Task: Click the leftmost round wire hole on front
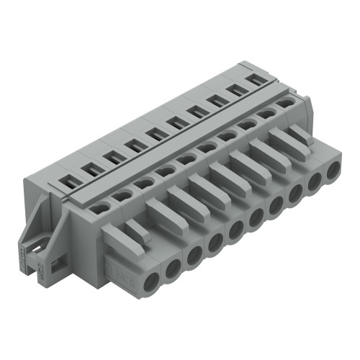(149, 280)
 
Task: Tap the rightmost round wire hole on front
(333, 172)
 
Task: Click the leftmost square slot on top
(70, 183)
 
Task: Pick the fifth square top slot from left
(154, 134)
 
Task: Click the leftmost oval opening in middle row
(100, 207)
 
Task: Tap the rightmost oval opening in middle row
(285, 103)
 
